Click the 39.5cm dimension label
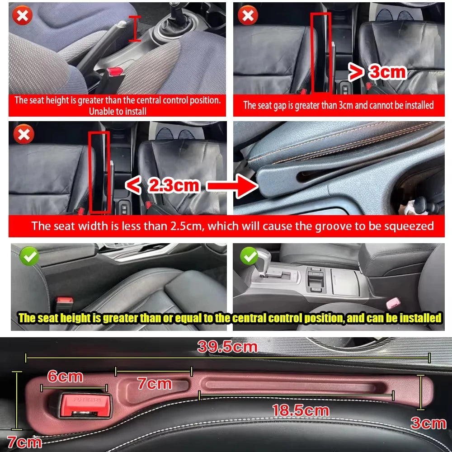coord(227,347)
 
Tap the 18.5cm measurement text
coord(300,411)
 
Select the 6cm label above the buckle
coord(65,376)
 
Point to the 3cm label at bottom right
coord(428,423)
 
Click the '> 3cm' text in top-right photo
coord(377,71)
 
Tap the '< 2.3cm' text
coord(162,185)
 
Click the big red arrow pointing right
coord(231,186)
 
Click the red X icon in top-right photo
coord(248,16)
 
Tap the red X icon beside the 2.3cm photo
coord(23,134)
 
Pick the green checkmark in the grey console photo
coord(249,256)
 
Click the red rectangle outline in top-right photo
coord(321,52)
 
